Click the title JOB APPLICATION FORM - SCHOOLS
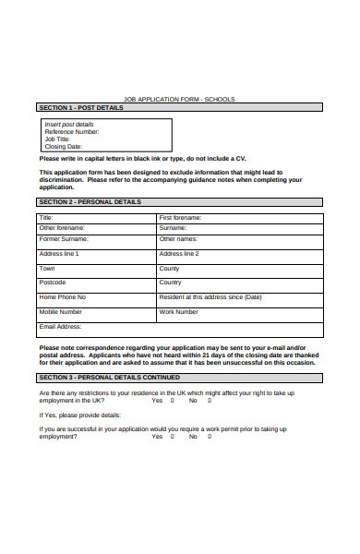click(179, 100)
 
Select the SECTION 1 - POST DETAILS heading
click(80, 108)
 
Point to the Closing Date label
click(64, 146)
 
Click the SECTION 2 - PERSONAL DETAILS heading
click(90, 201)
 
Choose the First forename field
click(240, 218)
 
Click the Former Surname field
click(96, 239)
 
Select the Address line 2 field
click(240, 254)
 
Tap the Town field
click(96, 269)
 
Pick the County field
click(240, 269)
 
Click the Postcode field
click(96, 283)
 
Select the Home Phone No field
click(96, 298)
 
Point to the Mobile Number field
click(96, 313)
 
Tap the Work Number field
click(240, 313)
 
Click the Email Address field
click(180, 328)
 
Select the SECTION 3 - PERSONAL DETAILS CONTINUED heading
click(109, 378)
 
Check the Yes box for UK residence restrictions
click(173, 401)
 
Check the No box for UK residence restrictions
click(210, 401)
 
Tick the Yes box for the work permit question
click(173, 436)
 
